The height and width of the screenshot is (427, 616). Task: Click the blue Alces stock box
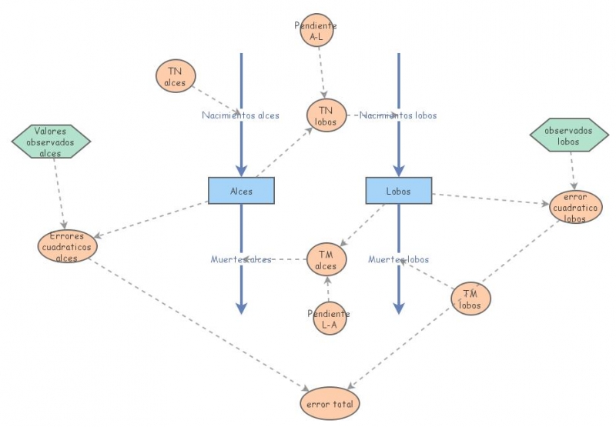(x=241, y=191)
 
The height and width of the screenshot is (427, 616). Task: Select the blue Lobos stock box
(x=398, y=191)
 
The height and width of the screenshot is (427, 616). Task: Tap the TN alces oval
(x=176, y=76)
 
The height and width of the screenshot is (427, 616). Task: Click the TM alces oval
(x=326, y=260)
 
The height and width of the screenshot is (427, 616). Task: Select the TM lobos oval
(x=470, y=299)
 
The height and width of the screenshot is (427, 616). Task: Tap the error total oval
(x=330, y=403)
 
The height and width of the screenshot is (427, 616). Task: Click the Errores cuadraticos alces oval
(x=68, y=246)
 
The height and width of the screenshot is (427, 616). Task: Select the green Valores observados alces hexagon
(x=51, y=142)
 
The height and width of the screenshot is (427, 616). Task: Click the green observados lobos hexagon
(x=569, y=135)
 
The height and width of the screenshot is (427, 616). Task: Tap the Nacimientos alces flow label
(x=240, y=115)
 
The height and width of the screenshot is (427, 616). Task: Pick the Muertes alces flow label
(x=240, y=259)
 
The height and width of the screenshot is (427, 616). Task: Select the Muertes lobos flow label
(x=398, y=259)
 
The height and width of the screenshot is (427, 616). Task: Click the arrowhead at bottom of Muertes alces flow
(x=241, y=308)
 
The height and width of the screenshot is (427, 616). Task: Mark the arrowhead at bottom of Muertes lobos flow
(x=398, y=308)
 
